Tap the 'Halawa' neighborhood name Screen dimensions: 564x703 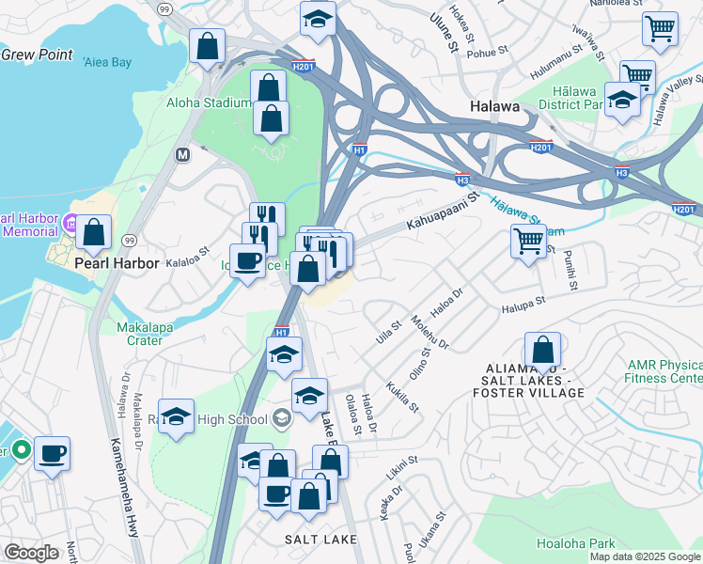click(x=494, y=107)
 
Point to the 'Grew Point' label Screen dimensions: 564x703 click(x=37, y=55)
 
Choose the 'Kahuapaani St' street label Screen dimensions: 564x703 click(x=442, y=212)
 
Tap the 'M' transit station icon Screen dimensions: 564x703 click(x=183, y=153)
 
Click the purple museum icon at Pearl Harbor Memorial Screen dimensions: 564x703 click(x=70, y=224)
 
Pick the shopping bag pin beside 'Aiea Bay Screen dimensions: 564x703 click(x=207, y=44)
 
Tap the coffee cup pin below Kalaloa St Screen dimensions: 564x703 click(x=247, y=260)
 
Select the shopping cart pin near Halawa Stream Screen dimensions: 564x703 click(x=529, y=241)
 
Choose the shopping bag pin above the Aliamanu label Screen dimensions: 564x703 click(x=542, y=350)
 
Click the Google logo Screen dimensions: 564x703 click(x=31, y=553)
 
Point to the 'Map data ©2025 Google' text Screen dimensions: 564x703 click(x=645, y=556)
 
